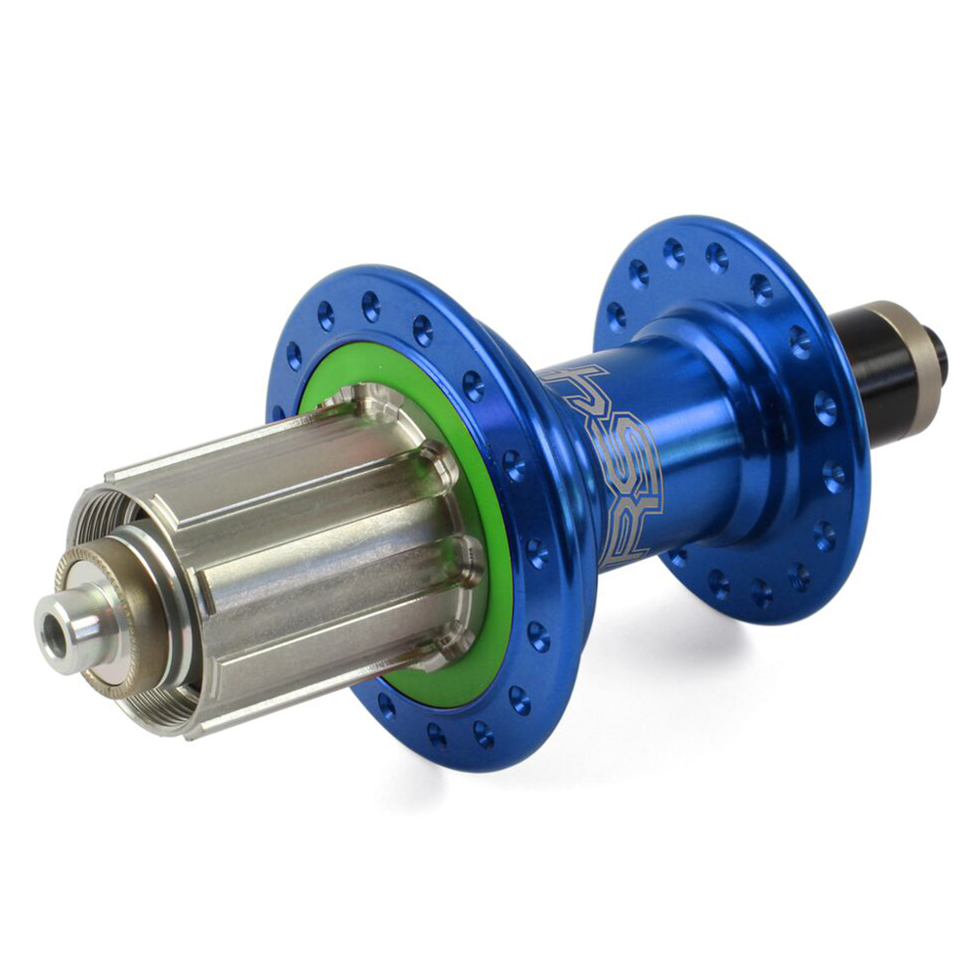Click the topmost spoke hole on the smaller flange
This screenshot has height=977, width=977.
[x=673, y=253]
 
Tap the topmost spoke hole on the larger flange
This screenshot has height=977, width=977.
[x=371, y=306]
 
